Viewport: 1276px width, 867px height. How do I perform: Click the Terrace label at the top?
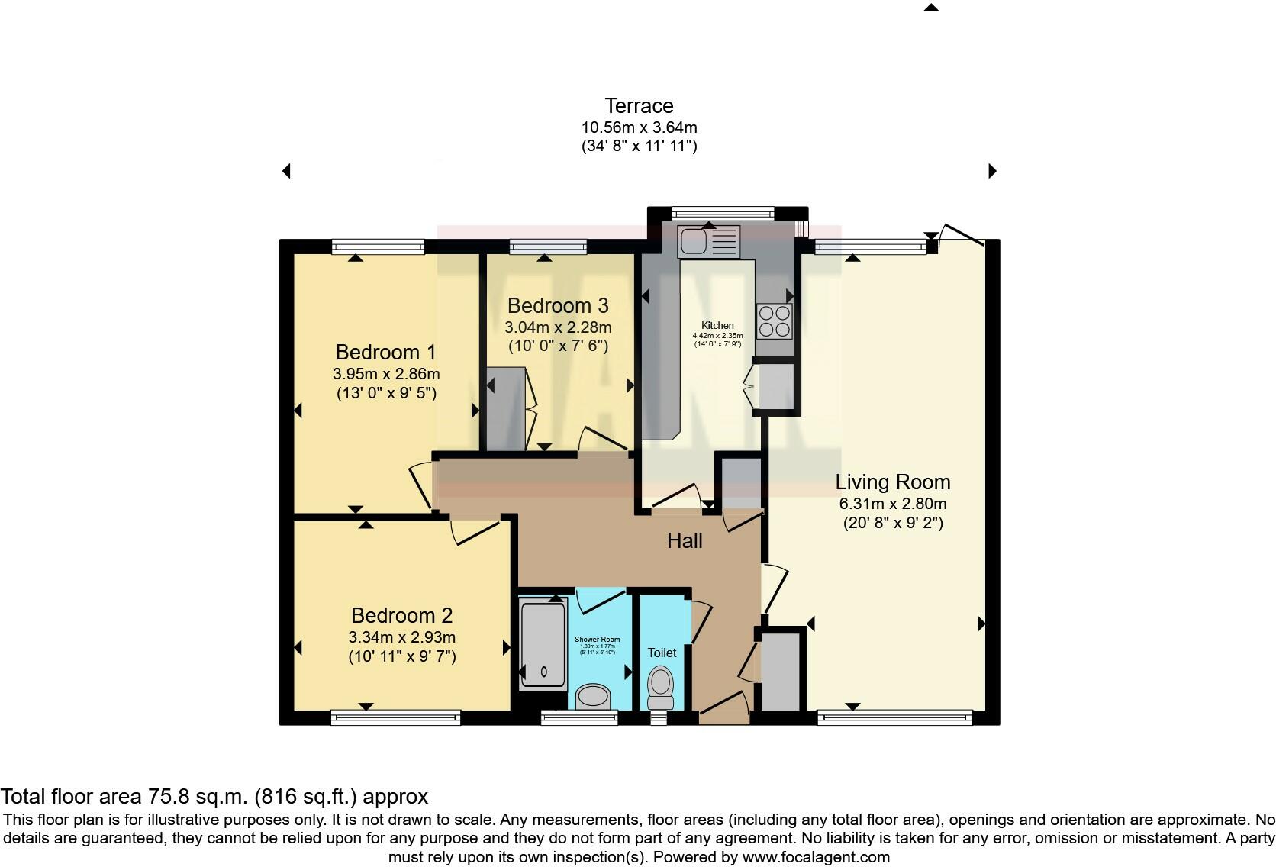[x=639, y=106]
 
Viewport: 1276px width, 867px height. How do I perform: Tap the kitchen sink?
[x=708, y=242]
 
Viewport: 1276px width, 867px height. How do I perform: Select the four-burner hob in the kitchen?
[x=774, y=321]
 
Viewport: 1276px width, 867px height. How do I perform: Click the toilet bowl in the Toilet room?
[x=660, y=685]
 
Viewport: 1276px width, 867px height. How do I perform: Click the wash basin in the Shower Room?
[x=593, y=696]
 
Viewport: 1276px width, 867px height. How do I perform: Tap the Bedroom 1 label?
[x=385, y=353]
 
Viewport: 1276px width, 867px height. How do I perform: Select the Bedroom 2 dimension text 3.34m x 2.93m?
[x=401, y=637]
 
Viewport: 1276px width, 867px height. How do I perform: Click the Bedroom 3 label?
[x=558, y=306]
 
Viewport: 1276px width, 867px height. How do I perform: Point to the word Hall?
[x=685, y=541]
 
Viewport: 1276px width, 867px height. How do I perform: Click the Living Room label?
[x=892, y=482]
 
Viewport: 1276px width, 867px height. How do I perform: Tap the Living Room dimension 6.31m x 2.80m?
[x=892, y=504]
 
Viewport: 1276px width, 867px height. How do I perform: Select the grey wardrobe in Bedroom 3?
[x=506, y=408]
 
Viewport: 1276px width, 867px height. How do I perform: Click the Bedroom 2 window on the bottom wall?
[x=395, y=717]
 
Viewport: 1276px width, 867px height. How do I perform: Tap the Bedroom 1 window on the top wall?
[x=378, y=247]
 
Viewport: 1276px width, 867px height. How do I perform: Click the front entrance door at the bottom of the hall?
[x=723, y=708]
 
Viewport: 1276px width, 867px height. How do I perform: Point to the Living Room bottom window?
[x=894, y=717]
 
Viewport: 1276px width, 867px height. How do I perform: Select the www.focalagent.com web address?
[x=816, y=857]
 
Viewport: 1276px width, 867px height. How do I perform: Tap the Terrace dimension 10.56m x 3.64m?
[x=639, y=127]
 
